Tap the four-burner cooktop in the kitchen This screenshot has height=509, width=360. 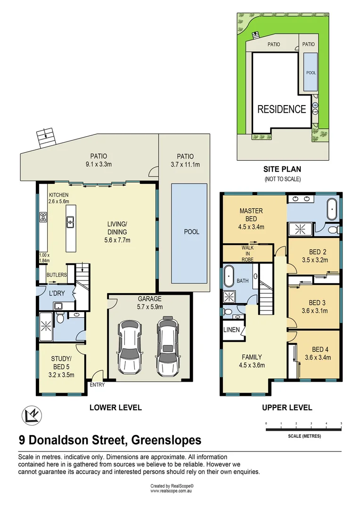(43, 217)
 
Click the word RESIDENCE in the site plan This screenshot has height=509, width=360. (281, 109)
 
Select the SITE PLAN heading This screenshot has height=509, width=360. (282, 169)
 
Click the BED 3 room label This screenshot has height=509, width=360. (315, 302)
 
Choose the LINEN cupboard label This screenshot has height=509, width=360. (231, 329)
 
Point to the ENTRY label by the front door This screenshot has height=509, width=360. (97, 385)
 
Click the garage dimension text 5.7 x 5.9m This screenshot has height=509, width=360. (150, 307)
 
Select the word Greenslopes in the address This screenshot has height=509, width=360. (166, 440)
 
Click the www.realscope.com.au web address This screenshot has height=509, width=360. (172, 491)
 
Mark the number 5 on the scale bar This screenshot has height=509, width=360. (341, 423)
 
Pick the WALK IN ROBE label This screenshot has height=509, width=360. (248, 253)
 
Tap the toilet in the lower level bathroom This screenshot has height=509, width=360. (60, 318)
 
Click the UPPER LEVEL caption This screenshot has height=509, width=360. (287, 408)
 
